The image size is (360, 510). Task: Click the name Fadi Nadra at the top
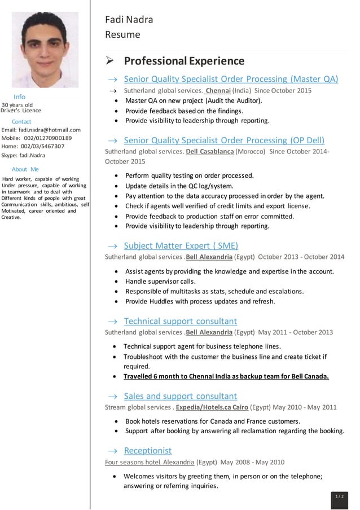click(x=129, y=20)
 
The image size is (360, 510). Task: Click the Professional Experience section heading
click(x=184, y=61)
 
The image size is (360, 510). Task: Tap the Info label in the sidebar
click(x=19, y=97)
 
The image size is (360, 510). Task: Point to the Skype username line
click(x=23, y=155)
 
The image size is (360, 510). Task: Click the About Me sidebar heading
click(x=25, y=169)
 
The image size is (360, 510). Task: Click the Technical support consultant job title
click(x=180, y=321)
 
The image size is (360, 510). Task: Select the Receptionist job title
click(x=147, y=450)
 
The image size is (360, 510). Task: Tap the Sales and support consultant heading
click(x=180, y=396)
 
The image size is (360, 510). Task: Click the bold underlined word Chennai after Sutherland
click(x=218, y=90)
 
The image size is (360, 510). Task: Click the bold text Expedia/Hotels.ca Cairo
click(x=212, y=407)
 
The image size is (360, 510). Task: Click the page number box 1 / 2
click(x=339, y=496)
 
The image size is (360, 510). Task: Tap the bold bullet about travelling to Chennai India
click(x=226, y=376)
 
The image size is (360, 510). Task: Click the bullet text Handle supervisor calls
click(x=161, y=281)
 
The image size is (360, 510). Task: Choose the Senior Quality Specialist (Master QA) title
click(x=231, y=79)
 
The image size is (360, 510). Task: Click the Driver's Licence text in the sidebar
click(x=21, y=111)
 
